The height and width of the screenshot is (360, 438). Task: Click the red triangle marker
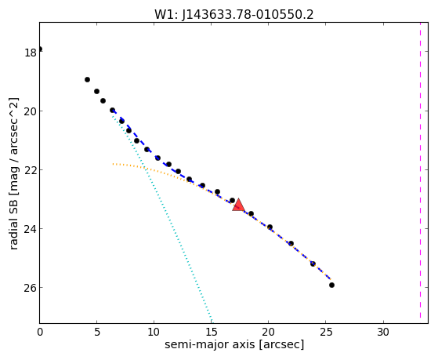[238, 205]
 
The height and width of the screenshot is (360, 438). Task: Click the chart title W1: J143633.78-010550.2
[234, 15]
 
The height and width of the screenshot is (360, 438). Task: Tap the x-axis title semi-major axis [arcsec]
[234, 344]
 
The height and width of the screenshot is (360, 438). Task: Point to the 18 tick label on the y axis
[31, 53]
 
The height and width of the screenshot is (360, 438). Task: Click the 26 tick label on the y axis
[31, 288]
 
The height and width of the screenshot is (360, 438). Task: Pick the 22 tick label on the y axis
[31, 170]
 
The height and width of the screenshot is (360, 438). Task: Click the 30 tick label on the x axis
[383, 332]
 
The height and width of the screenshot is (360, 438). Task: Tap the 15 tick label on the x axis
[211, 332]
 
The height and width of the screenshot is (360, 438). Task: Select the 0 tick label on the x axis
[40, 332]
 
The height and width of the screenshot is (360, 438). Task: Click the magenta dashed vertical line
[420, 171]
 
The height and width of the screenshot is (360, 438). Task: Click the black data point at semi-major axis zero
[40, 49]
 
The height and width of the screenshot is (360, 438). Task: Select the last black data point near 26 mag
[331, 285]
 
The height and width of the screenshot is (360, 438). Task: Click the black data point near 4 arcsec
[87, 80]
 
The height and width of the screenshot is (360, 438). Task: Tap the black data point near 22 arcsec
[291, 243]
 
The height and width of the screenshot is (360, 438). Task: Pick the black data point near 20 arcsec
[270, 227]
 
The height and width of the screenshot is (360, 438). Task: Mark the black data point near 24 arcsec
[313, 264]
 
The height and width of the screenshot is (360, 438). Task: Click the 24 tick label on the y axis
[31, 229]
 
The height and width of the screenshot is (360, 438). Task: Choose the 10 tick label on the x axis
[154, 332]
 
